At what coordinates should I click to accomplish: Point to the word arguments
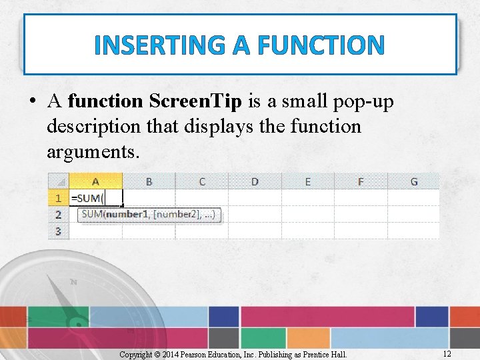click(93, 151)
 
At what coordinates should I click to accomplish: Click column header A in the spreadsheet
click(95, 181)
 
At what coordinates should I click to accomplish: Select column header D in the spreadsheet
click(255, 181)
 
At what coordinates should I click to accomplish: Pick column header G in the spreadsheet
click(414, 181)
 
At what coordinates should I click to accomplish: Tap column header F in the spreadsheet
click(361, 181)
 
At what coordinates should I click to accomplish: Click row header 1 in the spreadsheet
click(58, 198)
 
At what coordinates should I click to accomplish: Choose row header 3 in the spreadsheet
click(58, 231)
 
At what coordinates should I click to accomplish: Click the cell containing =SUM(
click(95, 198)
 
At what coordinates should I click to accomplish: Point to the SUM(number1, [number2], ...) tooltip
click(150, 215)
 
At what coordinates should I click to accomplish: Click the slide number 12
click(447, 353)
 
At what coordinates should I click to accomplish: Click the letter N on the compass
click(73, 282)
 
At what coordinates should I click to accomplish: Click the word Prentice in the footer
click(315, 354)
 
